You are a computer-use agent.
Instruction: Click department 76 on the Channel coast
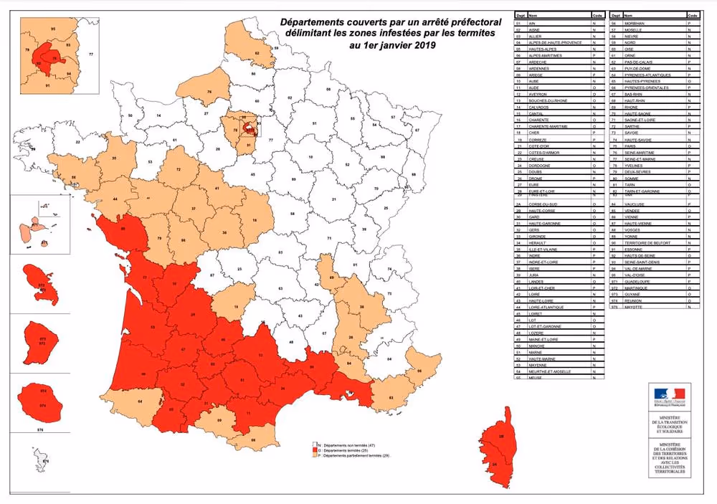[x=209, y=91]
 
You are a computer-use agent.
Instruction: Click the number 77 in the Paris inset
[x=91, y=54]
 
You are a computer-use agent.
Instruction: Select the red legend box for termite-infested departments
[x=315, y=450]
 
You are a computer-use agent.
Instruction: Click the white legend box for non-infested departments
[x=315, y=445]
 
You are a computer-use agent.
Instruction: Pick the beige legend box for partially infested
[x=315, y=455]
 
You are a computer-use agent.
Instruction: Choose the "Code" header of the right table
[x=692, y=14]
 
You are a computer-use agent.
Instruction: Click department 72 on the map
[x=178, y=170]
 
